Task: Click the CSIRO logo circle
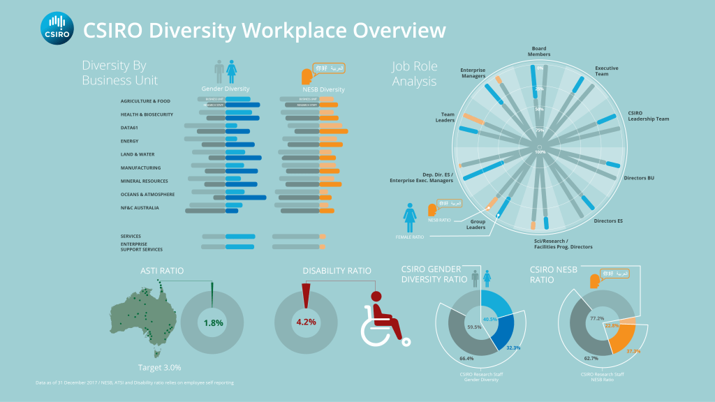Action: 57,29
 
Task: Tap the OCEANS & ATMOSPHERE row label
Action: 147,194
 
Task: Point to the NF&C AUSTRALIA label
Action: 140,207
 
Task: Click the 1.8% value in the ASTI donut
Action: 213,323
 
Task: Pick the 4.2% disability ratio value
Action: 307,322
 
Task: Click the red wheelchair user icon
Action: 383,319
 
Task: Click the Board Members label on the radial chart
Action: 539,51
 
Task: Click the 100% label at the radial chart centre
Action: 539,151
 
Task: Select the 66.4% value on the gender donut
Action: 467,359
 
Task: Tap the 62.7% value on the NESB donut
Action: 591,359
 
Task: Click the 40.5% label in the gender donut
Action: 489,319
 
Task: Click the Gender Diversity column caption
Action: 226,89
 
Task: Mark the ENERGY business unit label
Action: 129,141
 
